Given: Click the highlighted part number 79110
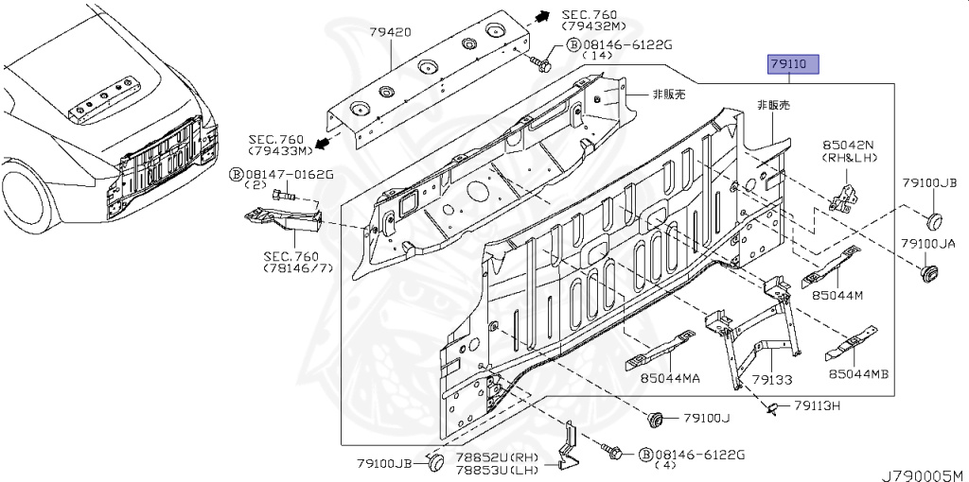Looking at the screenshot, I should (787, 64).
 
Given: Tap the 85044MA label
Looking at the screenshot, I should (670, 379).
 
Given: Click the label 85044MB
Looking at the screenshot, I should (858, 374).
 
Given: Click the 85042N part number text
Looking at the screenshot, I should (848, 146).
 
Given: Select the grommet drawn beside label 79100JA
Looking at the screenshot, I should (928, 274).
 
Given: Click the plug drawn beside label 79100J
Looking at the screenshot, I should (655, 418).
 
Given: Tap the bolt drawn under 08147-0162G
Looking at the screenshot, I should (284, 195).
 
